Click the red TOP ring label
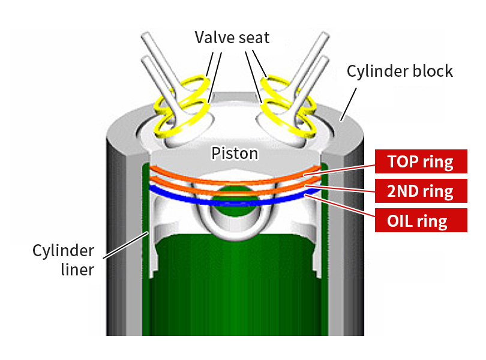point(421,161)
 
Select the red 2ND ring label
point(421,191)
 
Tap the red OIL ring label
point(421,221)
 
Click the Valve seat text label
point(232,38)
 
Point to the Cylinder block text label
point(400,71)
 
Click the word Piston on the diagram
point(235,154)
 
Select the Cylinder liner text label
point(63,260)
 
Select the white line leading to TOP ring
point(342,168)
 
